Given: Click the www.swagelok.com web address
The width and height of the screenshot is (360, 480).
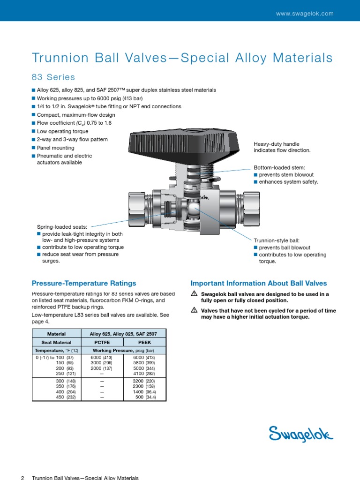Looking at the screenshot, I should click(305, 14).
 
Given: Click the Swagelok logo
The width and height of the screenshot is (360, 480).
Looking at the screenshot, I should click(301, 434).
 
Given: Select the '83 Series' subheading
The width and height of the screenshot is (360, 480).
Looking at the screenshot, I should click(53, 77).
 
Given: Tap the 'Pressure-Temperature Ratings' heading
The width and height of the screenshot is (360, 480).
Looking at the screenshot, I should click(84, 283).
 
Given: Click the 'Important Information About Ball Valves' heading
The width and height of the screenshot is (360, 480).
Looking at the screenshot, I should click(259, 283).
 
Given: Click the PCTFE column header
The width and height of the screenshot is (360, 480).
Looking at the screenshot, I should click(102, 342).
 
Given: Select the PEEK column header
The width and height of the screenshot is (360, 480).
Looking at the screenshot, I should click(144, 342).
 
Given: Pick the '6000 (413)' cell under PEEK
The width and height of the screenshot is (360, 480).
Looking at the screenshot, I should click(144, 357).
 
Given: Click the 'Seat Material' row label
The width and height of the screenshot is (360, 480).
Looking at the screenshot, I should click(56, 342).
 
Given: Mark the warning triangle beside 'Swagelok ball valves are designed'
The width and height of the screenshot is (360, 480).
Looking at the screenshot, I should click(194, 294).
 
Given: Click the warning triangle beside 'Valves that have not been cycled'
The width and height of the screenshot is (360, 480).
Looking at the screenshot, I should click(194, 310).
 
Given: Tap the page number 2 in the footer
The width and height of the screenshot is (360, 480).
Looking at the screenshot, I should click(22, 478).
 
